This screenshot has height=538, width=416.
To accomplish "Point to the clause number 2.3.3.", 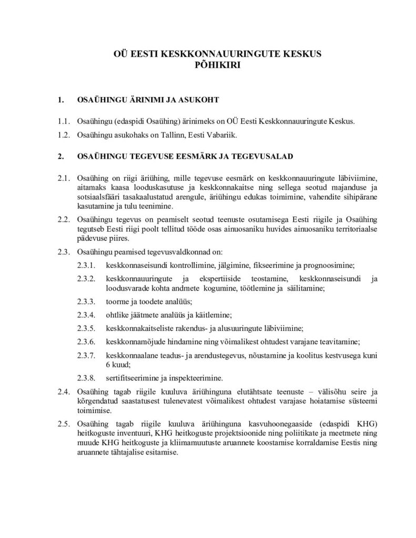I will [x=85, y=302].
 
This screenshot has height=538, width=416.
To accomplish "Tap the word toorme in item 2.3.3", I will [x=116, y=302].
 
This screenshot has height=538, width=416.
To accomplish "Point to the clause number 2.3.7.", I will [x=85, y=356].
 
